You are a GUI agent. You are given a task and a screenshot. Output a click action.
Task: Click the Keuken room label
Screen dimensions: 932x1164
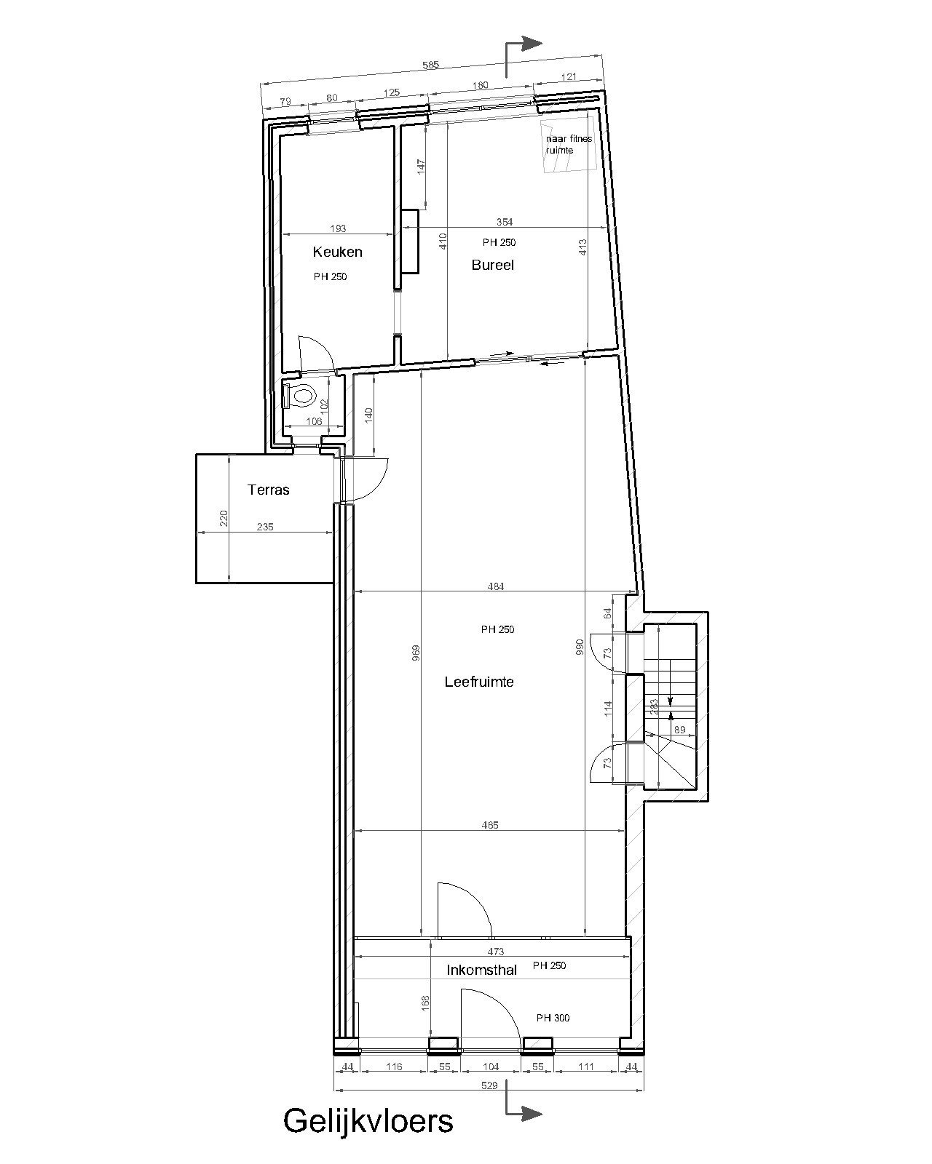337,252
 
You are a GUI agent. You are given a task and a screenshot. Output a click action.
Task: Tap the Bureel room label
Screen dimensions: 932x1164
492,265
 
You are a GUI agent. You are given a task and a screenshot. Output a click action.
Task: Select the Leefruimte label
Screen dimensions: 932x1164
478,682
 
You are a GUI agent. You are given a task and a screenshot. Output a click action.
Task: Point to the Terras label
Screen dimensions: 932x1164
268,490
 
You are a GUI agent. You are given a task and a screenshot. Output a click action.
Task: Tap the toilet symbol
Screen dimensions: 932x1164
301,396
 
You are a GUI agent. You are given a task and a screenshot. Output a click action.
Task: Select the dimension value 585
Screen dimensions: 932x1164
430,65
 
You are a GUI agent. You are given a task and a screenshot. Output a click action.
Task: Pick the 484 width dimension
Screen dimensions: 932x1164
496,586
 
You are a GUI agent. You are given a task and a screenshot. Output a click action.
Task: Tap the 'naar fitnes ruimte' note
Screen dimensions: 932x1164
569,145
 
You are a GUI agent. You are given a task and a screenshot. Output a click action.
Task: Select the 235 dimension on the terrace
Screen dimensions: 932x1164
265,526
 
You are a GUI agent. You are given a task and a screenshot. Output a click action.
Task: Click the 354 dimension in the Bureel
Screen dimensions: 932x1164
504,222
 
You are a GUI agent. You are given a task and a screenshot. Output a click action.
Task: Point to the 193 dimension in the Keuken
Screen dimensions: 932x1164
338,228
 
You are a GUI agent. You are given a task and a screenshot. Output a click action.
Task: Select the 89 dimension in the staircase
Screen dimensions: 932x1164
679,730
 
